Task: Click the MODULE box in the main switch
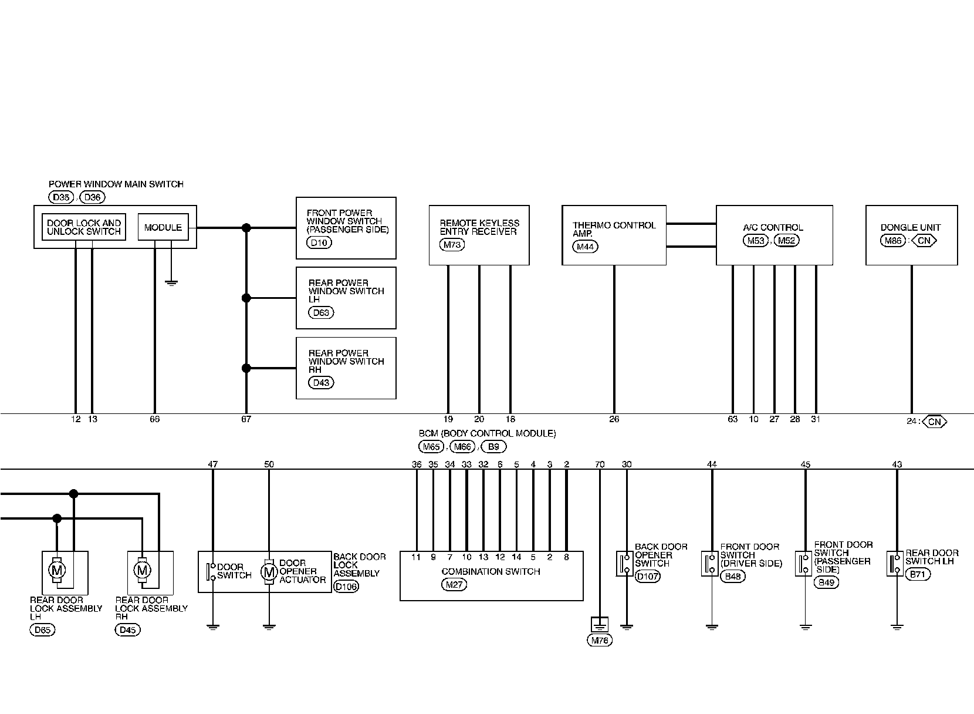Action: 163,228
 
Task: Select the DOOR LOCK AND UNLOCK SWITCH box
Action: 84,228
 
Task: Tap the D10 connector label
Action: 319,243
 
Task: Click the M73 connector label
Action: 451,245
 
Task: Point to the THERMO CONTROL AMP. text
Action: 613,229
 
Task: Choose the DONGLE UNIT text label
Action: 910,227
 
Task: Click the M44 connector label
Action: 586,247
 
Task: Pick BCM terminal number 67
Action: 246,419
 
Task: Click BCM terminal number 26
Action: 614,419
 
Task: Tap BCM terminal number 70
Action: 600,464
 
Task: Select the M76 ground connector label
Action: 599,641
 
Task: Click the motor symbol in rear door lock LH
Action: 57,570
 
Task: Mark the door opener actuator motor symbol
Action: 269,571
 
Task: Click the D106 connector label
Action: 345,586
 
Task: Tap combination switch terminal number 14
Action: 516,557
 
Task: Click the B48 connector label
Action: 732,576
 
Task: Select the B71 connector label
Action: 917,574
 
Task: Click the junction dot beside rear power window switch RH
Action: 246,368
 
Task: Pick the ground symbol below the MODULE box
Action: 171,282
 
